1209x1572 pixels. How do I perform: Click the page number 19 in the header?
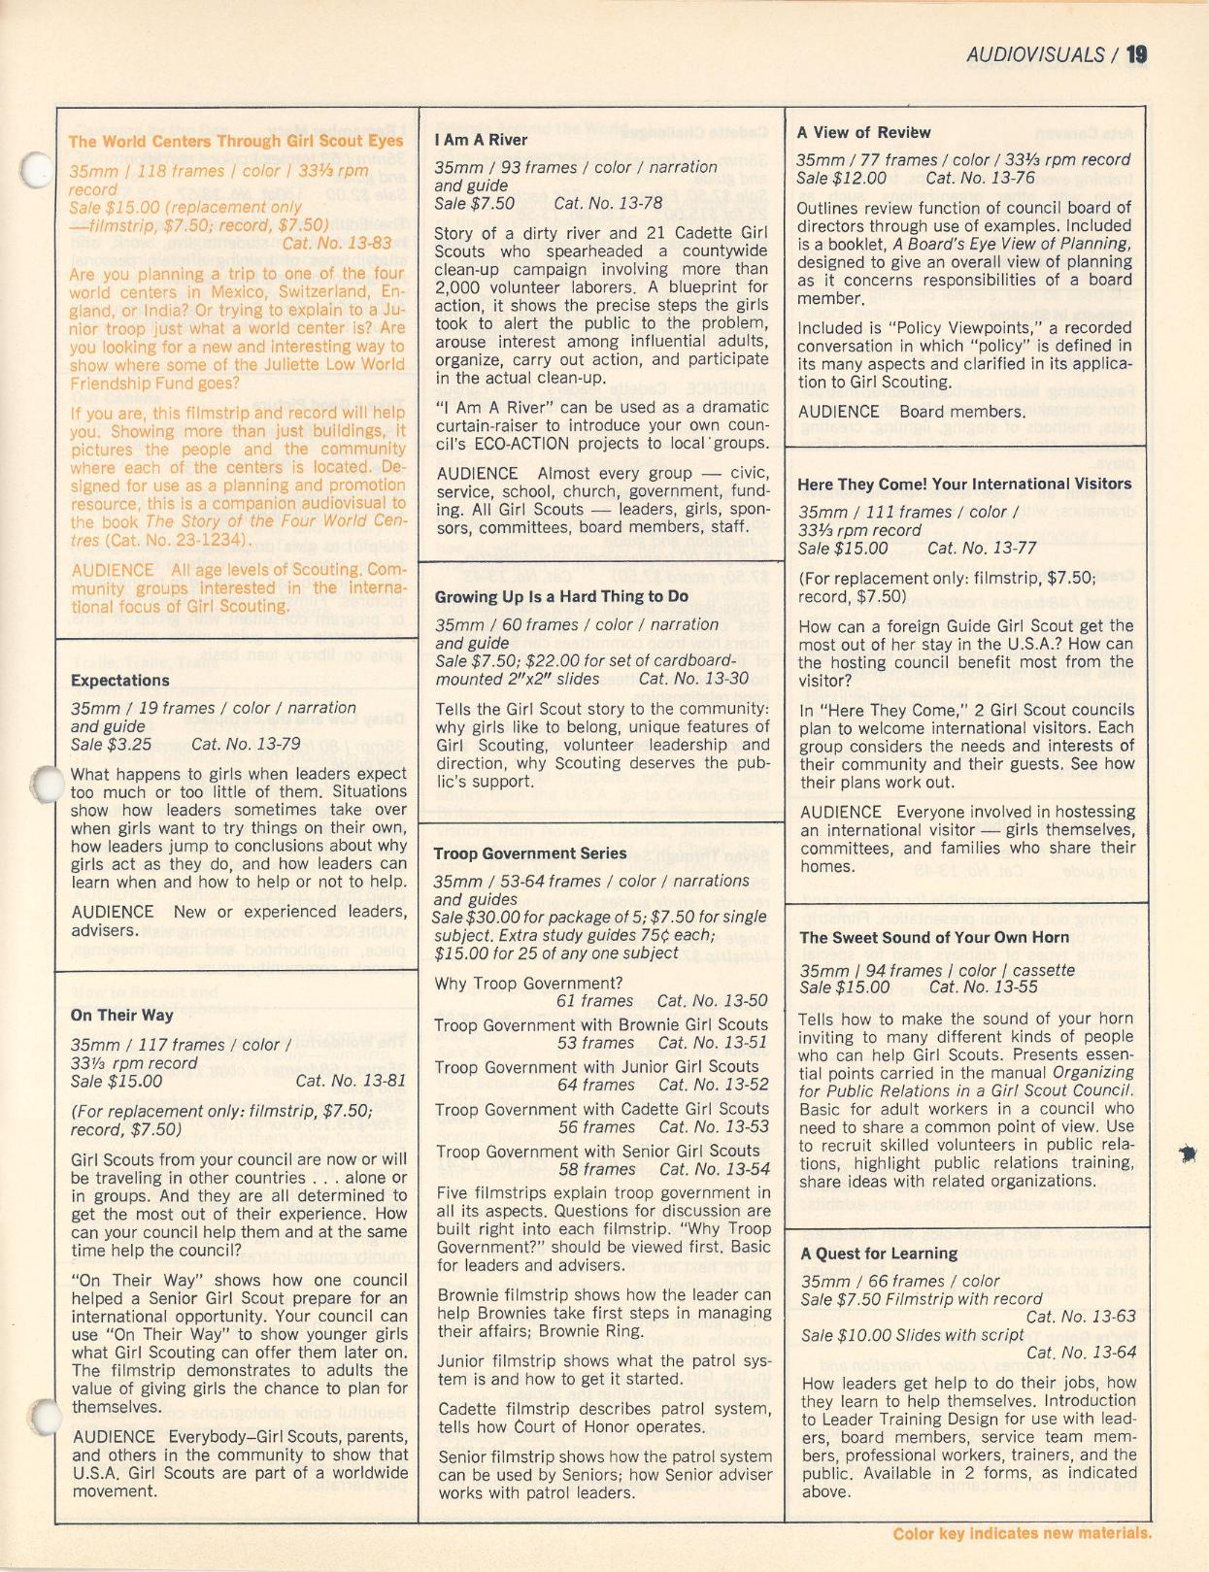pos(1136,54)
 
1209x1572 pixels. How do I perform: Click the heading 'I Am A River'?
pos(482,140)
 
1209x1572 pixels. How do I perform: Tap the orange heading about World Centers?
pos(236,141)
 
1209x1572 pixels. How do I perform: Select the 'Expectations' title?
pos(120,681)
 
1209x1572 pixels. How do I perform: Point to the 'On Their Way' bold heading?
pos(122,1016)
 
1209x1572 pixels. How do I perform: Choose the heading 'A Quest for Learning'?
pos(879,1254)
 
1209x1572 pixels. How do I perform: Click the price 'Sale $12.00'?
pos(841,178)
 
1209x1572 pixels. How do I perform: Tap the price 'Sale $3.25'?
pos(112,745)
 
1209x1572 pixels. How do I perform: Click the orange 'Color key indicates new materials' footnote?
pos(1022,1534)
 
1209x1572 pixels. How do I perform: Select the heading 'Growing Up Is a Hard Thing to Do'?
pos(562,596)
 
